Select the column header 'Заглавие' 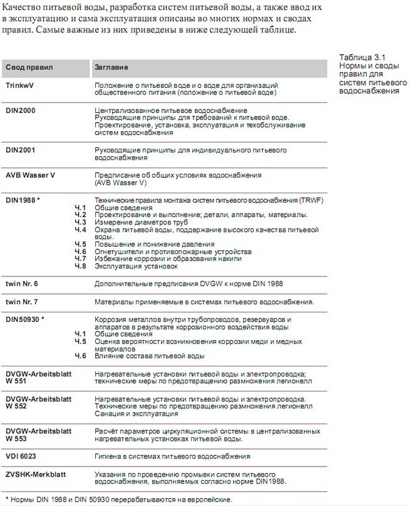click(x=112, y=68)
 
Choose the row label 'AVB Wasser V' click(x=30, y=174)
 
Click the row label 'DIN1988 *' click(x=23, y=201)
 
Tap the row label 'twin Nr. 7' click(x=22, y=301)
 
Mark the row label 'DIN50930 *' click(x=25, y=318)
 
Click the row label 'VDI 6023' click(x=22, y=456)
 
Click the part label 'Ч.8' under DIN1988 click(x=80, y=266)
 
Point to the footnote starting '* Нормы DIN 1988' click(x=118, y=500)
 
